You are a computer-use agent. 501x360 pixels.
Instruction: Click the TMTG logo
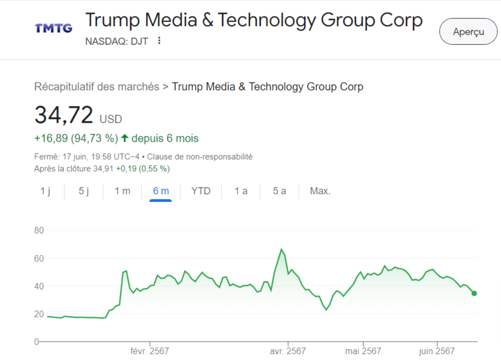click(53, 28)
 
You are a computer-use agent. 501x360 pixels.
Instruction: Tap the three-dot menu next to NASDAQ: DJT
click(159, 41)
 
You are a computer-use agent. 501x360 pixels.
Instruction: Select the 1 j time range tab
click(45, 191)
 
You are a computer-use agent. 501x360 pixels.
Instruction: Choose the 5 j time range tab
click(84, 191)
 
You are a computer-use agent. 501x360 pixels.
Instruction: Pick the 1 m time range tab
click(122, 191)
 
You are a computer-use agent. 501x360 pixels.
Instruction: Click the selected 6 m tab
click(161, 191)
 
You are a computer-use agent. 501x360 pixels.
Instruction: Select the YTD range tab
click(201, 191)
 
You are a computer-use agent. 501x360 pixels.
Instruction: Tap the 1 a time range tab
click(241, 191)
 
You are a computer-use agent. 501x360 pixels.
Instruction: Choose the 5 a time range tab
click(280, 191)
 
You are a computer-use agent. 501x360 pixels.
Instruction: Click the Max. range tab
click(320, 191)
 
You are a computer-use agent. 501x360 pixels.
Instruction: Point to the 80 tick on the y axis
click(39, 230)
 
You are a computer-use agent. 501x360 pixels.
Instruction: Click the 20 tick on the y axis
click(39, 314)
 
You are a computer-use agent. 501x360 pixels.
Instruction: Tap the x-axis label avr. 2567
click(288, 351)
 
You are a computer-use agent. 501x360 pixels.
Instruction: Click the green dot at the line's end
click(474, 293)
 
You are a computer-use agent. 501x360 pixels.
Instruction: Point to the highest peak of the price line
click(281, 249)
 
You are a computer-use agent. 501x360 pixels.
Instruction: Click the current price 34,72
click(64, 115)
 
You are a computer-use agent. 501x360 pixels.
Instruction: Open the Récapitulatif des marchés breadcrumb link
click(97, 86)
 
